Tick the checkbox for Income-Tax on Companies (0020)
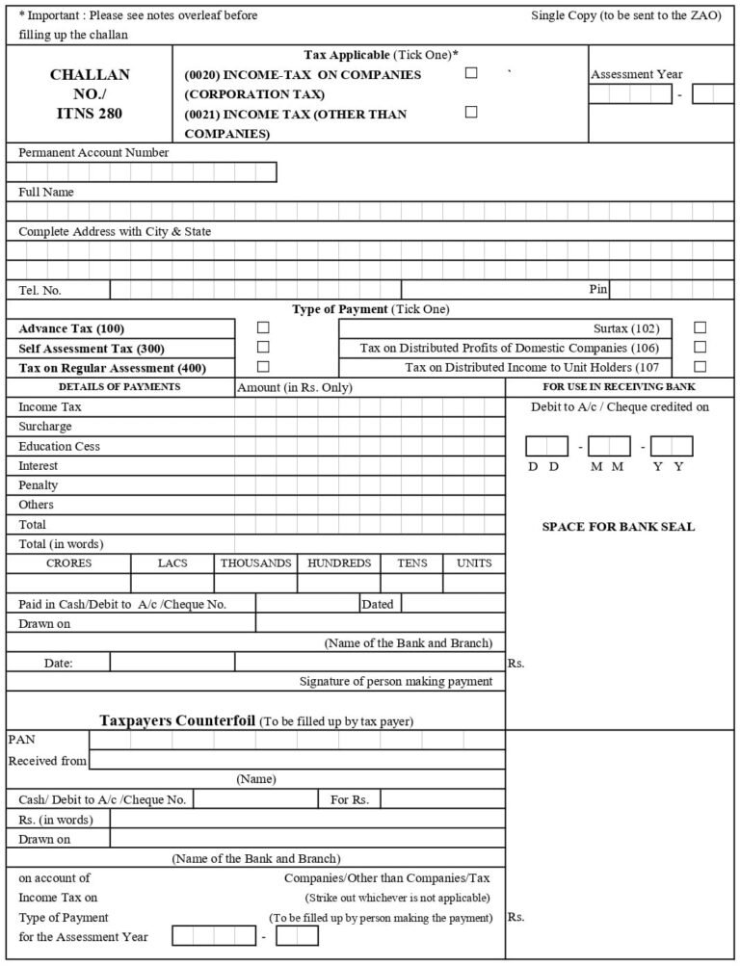click(471, 73)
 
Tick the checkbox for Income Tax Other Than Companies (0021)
click(471, 112)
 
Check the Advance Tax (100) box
click(263, 328)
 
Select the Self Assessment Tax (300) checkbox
click(263, 347)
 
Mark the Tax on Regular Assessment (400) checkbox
click(263, 366)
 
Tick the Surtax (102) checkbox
click(700, 327)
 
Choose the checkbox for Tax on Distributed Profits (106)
click(700, 347)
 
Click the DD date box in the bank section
click(546, 446)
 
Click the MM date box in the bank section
click(609, 446)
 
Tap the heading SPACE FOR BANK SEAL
click(618, 527)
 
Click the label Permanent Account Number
click(93, 152)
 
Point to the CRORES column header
click(69, 562)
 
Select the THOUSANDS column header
click(255, 562)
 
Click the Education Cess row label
click(59, 446)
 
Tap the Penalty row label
click(39, 484)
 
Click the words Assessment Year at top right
click(636, 74)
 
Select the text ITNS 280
click(89, 113)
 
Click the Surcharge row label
click(45, 427)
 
